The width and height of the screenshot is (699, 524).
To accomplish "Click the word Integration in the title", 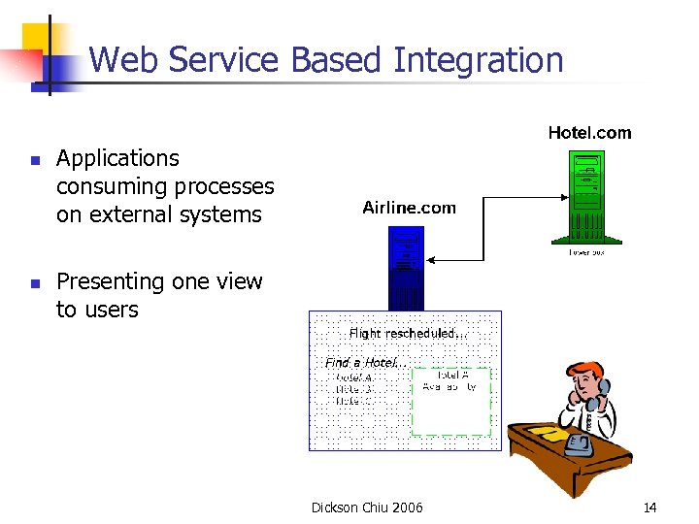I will (x=479, y=60).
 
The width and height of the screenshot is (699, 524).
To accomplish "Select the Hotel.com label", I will (x=589, y=133).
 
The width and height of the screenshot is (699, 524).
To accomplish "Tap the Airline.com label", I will (x=409, y=208).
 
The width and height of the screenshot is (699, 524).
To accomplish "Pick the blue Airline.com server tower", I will (x=407, y=267).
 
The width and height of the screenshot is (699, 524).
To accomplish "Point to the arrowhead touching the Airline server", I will (x=432, y=260).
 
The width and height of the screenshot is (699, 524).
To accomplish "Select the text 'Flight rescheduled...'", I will (x=408, y=333).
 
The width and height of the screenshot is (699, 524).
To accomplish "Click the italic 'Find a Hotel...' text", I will (x=365, y=362).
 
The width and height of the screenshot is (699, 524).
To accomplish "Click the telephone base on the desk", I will (x=580, y=445).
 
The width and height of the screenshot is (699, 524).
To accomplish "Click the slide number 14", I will (x=649, y=508).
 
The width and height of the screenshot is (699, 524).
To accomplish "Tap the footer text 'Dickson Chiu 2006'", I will (x=367, y=508).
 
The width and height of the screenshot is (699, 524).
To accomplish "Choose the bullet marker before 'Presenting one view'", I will (x=33, y=283).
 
